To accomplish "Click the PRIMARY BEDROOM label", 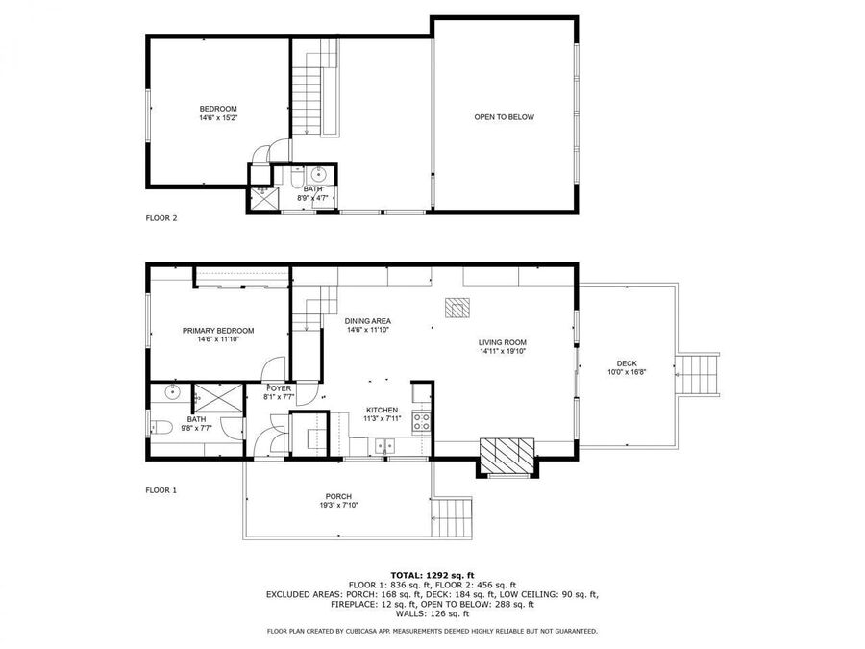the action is pos(218,331).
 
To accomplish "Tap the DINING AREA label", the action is pos(368,321).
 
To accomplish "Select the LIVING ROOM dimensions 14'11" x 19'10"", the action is pos(503,351).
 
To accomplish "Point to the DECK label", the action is pos(627,363).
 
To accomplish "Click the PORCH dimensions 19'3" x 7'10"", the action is pos(338,505).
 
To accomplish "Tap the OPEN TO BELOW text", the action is pos(505,117).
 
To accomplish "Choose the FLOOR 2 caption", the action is pos(161,218).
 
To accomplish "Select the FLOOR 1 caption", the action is pos(161,490).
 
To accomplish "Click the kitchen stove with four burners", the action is pos(422,423).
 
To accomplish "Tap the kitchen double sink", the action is pos(385,445).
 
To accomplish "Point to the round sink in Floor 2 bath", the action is pos(319,175).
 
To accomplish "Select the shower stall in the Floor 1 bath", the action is pos(218,398).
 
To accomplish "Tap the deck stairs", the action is pos(698,375).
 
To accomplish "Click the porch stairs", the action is pos(452,518).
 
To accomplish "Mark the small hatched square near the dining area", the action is pos(457,308).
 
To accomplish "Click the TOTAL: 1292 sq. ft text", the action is pos(432,576).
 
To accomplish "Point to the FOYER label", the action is pos(279,388).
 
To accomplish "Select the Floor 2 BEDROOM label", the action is pos(218,109).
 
